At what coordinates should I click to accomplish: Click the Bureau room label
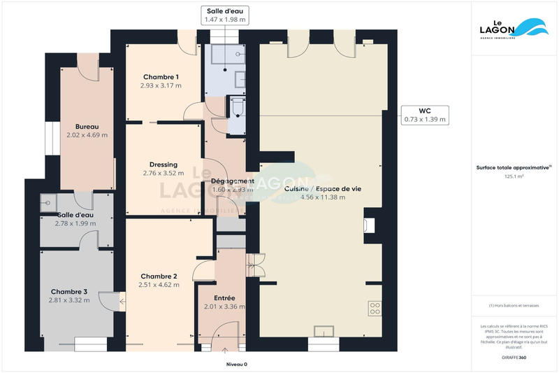[x=87, y=126]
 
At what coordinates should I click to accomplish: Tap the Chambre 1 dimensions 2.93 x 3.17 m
[x=161, y=85]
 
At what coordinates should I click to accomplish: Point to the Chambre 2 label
[x=159, y=276]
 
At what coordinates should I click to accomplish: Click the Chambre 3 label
[x=69, y=291]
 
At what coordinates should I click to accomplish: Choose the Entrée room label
[x=224, y=297]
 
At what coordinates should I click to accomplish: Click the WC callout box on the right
[x=424, y=115]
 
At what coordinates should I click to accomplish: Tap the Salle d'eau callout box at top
[x=225, y=15]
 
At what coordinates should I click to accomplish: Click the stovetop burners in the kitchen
[x=375, y=307]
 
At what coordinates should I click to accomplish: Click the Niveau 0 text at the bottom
[x=237, y=364]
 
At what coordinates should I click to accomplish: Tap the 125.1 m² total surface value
[x=514, y=177]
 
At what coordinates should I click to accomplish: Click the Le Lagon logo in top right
[x=514, y=28]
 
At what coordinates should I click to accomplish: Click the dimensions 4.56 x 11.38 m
[x=322, y=197]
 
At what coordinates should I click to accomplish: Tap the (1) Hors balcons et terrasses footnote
[x=514, y=305]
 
